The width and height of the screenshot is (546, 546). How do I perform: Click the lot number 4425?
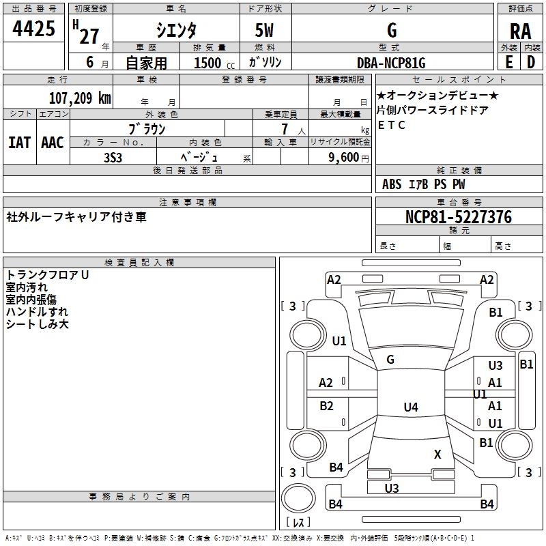pyautogui.click(x=34, y=29)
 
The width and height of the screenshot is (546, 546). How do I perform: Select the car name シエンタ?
pyautogui.click(x=177, y=30)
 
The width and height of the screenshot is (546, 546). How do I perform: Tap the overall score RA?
pyautogui.click(x=520, y=31)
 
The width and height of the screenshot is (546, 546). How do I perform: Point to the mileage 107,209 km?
pyautogui.click(x=80, y=98)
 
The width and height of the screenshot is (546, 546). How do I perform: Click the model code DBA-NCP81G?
pyautogui.click(x=391, y=63)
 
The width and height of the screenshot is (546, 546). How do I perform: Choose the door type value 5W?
pyautogui.click(x=265, y=31)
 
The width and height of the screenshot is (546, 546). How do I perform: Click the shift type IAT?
pyautogui.click(x=19, y=143)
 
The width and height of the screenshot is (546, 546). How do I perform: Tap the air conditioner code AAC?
pyautogui.click(x=53, y=143)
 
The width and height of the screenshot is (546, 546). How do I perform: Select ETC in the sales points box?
pyautogui.click(x=392, y=125)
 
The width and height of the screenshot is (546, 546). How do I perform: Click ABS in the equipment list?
pyautogui.click(x=392, y=184)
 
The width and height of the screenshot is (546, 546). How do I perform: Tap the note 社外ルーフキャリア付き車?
pyautogui.click(x=76, y=217)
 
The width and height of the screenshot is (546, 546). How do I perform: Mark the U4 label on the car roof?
pyautogui.click(x=410, y=407)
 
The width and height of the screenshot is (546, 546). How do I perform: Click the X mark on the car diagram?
pyautogui.click(x=437, y=454)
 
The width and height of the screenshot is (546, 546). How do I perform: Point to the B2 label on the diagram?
pyautogui.click(x=326, y=406)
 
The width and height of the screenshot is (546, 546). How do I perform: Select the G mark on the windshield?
pyautogui.click(x=390, y=360)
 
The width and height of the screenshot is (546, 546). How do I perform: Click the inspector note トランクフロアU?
pyautogui.click(x=48, y=274)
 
